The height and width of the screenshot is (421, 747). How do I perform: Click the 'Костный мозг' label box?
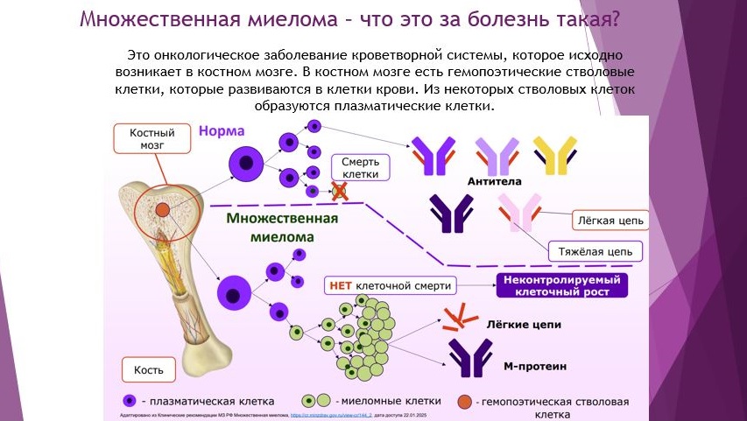point(147,139)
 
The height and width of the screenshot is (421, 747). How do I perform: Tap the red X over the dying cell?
point(338,191)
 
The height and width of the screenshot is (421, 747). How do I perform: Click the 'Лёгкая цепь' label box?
point(610,219)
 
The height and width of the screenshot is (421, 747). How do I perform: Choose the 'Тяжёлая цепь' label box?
point(595,250)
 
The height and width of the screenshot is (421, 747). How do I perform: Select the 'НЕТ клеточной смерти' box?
point(391,285)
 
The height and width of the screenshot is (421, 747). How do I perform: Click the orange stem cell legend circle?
point(467,401)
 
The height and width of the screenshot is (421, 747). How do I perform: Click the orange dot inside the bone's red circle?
point(164,209)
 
